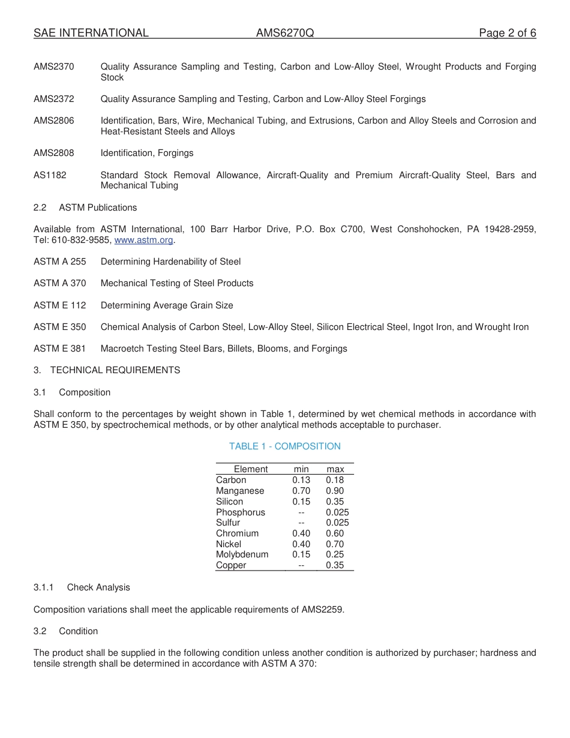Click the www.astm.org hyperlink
point(143,240)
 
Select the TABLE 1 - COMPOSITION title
point(284,446)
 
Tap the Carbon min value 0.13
point(301,480)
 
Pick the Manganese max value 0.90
point(335,491)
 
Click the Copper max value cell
point(335,565)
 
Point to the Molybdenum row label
point(242,554)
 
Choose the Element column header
point(251,469)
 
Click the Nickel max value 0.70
point(335,544)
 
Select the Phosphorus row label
point(241,512)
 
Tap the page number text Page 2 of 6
point(507,33)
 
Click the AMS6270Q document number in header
point(285,33)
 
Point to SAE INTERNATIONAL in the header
point(91,33)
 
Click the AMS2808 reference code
point(54,153)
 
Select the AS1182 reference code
point(50,175)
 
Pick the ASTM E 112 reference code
point(60,305)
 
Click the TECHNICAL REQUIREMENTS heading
point(115,370)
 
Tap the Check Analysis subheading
point(98,587)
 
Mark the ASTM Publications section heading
point(98,208)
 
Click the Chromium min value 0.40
point(301,533)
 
